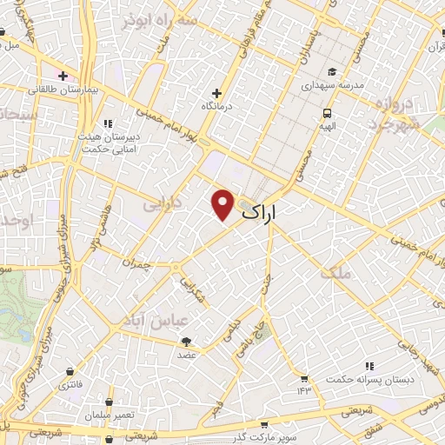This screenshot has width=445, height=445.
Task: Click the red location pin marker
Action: tap(223, 203)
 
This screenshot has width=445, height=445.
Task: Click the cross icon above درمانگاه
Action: tap(217, 93)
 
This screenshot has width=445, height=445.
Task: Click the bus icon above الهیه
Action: tap(327, 113)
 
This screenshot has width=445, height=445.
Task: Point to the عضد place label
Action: tap(187, 355)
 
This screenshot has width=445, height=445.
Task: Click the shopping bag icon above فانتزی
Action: tap(69, 369)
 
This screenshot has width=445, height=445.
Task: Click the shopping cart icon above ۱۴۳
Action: tap(304, 378)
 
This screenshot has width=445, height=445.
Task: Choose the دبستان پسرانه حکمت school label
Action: tap(370, 380)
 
